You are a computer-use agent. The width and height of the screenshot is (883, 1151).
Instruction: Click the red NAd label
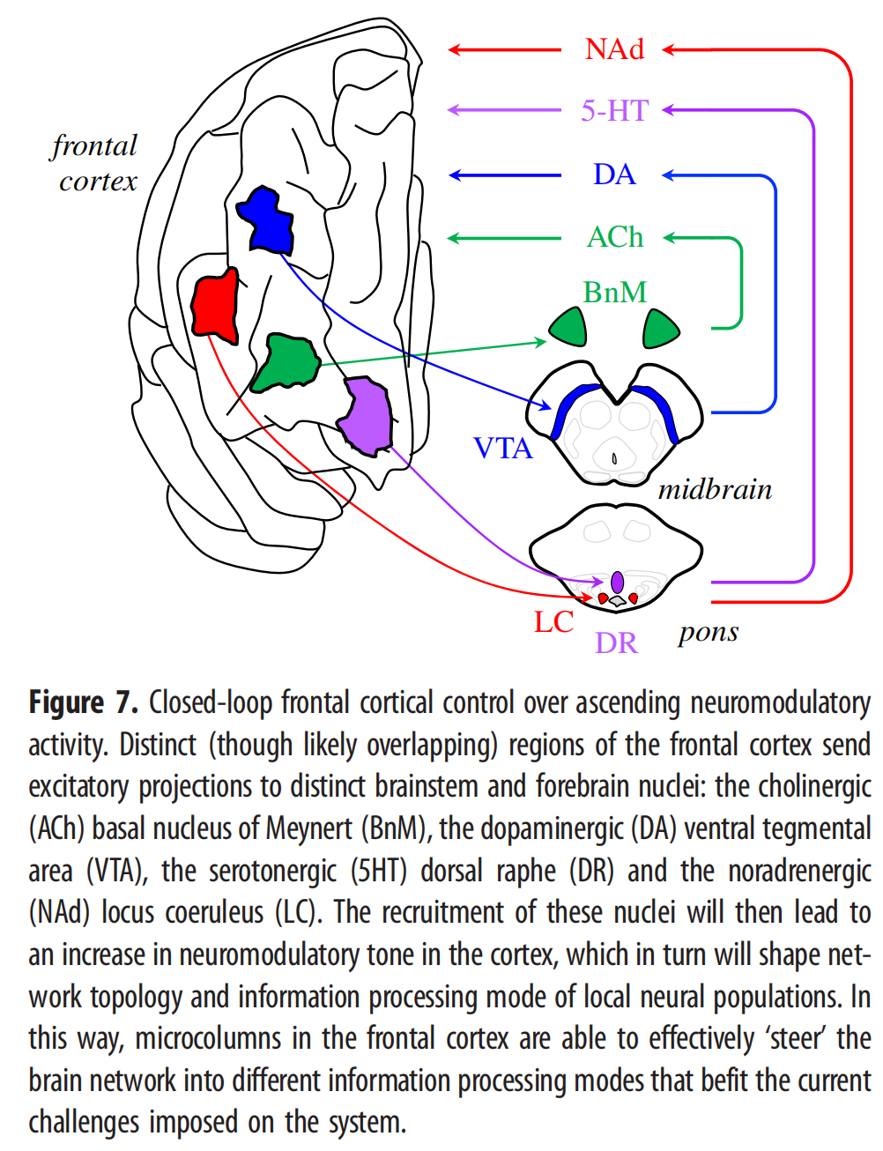[614, 49]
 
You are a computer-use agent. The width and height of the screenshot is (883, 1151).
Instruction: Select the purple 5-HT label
[614, 111]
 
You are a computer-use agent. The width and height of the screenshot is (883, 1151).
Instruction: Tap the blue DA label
[614, 175]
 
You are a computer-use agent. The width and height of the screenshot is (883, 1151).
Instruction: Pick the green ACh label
[614, 237]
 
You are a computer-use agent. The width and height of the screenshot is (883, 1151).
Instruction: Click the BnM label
[614, 292]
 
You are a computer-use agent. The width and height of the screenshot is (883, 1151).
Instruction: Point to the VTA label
[503, 448]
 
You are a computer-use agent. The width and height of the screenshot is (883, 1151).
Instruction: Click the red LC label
[553, 621]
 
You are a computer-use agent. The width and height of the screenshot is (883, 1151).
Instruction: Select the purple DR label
[616, 643]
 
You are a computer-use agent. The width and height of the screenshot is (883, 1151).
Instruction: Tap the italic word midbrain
[715, 489]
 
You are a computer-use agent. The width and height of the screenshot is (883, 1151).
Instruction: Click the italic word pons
[709, 633]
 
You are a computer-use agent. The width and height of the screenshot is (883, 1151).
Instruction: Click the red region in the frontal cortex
[215, 306]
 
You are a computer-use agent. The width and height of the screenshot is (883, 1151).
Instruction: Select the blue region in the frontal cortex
[265, 219]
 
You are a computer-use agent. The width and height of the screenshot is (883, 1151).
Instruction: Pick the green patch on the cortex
[286, 363]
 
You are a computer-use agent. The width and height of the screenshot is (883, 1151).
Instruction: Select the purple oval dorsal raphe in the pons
[617, 583]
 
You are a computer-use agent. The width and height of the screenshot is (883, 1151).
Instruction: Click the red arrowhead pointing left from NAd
[454, 49]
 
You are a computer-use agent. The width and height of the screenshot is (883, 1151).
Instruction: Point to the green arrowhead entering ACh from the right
[670, 238]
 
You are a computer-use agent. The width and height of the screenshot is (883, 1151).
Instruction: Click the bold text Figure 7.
[84, 703]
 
